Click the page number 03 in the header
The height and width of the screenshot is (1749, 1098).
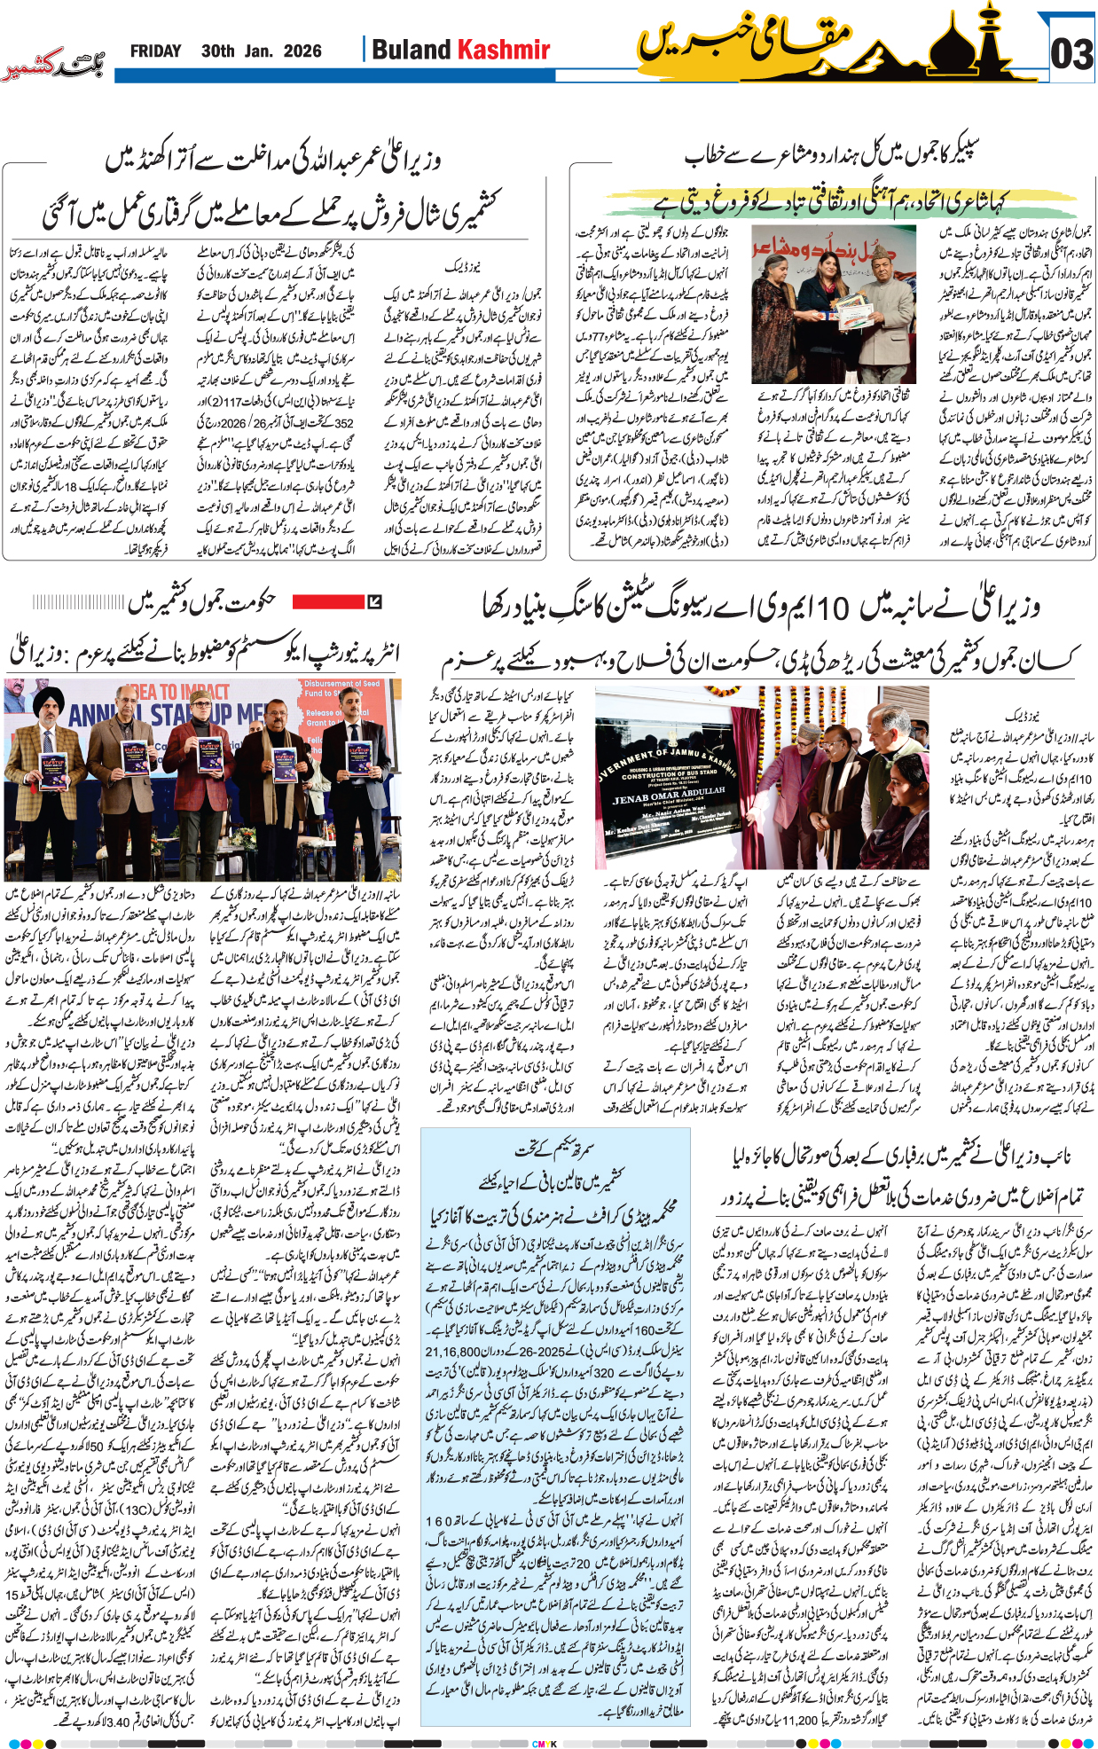click(x=1071, y=55)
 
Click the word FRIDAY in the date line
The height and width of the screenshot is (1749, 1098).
click(x=155, y=51)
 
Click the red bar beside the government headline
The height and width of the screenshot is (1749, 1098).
click(x=328, y=602)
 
